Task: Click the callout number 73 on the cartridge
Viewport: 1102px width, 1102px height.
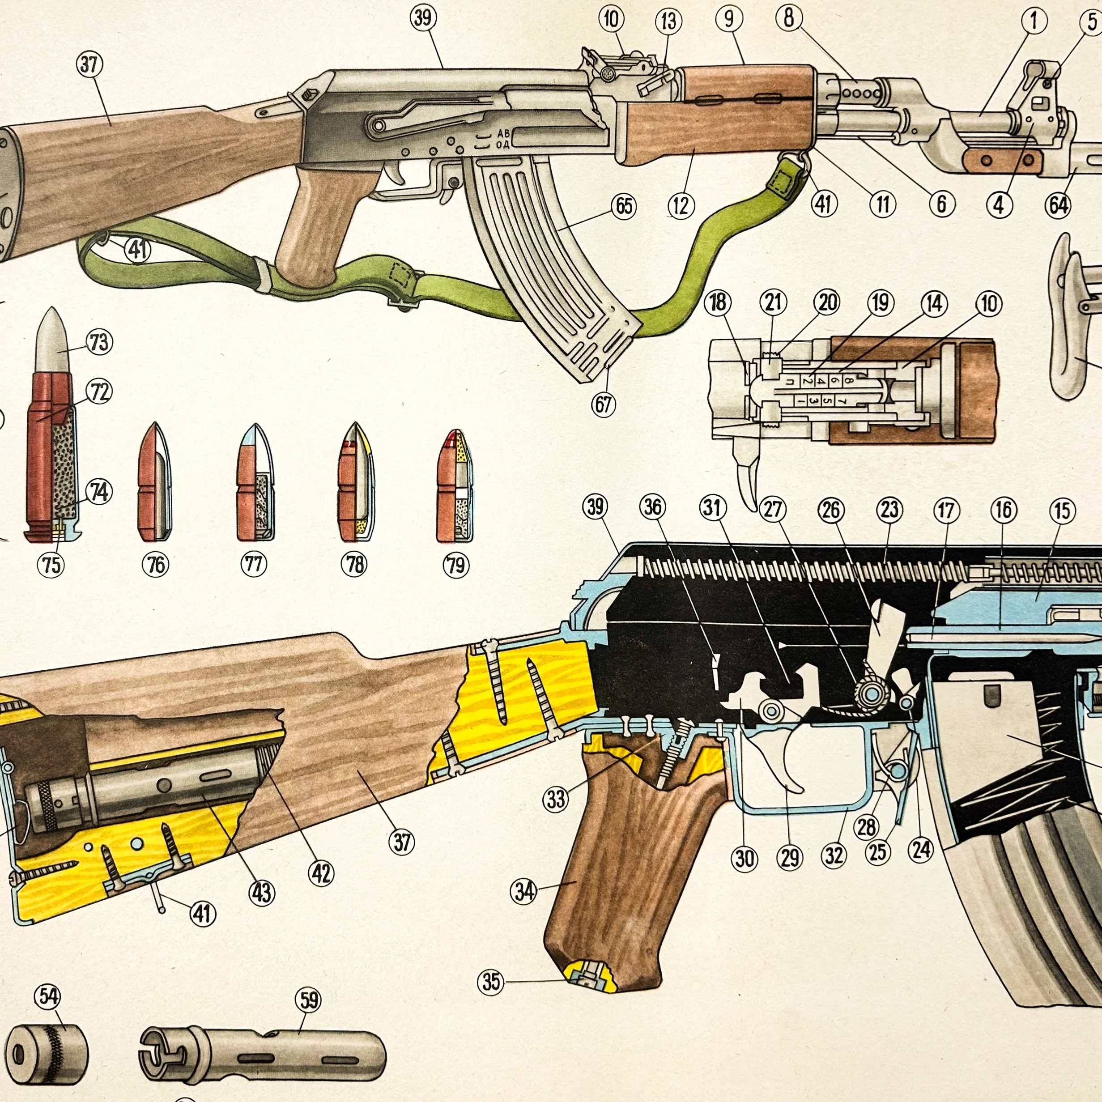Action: click(99, 342)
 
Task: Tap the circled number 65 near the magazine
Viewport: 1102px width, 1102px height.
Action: click(624, 205)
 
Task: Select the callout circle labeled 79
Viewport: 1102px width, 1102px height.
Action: click(456, 565)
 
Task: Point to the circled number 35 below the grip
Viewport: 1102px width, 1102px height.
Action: click(491, 982)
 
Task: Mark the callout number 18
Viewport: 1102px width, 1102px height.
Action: click(718, 302)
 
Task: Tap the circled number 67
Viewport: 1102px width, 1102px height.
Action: click(604, 405)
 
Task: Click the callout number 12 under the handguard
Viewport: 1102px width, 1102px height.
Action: click(681, 206)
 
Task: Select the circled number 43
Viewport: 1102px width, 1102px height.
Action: click(261, 893)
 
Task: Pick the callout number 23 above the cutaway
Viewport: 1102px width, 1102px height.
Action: click(890, 509)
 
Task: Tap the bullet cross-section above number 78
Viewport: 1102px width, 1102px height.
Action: click(357, 482)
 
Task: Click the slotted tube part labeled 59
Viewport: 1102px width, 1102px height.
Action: click(262, 1055)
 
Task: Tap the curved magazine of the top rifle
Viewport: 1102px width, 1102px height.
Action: click(548, 262)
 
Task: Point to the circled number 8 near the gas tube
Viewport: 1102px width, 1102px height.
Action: click(789, 18)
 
